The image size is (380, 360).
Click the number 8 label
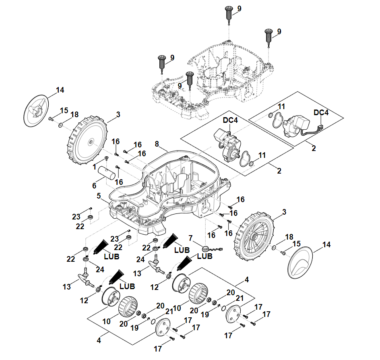[157, 144]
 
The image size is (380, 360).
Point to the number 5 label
[99, 196]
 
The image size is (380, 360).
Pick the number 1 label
[94, 166]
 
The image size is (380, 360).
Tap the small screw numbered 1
[106, 158]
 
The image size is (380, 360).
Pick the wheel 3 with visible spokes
[254, 236]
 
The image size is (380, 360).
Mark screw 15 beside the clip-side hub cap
[51, 119]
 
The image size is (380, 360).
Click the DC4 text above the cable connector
[321, 113]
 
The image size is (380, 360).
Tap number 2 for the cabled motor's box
[314, 148]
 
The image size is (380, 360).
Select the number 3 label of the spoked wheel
[285, 212]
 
